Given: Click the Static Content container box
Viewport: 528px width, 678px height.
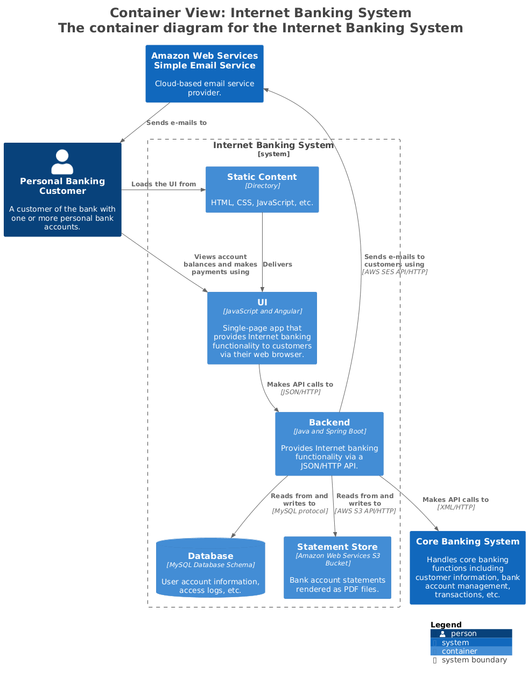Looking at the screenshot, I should click(x=262, y=190).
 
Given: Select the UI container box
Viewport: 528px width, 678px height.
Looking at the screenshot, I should click(x=262, y=328).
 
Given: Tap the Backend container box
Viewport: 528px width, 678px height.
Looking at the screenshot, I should click(x=329, y=444).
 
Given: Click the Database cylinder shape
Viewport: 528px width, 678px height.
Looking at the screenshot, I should click(x=210, y=568).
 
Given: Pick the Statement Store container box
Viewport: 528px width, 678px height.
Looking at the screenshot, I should click(x=337, y=568).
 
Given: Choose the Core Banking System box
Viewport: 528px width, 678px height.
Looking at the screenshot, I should click(x=467, y=568).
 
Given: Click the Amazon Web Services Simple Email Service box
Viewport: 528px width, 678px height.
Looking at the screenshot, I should click(x=205, y=74).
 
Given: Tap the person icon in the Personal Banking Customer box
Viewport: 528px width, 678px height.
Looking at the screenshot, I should click(x=62, y=162).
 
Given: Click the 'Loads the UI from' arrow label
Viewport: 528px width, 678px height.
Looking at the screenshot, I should click(x=164, y=184).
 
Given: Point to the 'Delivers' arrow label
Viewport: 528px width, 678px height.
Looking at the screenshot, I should click(x=277, y=264).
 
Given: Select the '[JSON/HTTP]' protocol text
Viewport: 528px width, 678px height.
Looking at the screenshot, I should click(x=300, y=392).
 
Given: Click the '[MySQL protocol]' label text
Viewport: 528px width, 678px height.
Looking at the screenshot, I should click(x=300, y=511).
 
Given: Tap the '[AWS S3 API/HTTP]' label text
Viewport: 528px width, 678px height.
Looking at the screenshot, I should click(x=365, y=511).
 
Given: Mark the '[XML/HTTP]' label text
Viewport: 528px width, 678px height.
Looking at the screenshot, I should click(x=456, y=507).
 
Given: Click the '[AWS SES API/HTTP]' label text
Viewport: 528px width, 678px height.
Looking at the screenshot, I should click(x=395, y=272).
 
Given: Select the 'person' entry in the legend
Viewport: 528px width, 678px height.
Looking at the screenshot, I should click(x=463, y=634).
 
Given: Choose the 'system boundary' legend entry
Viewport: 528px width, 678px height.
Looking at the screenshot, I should click(x=474, y=660).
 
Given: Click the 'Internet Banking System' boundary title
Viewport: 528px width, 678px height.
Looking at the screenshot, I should click(x=273, y=145).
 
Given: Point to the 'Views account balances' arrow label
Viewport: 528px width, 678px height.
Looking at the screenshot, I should click(x=220, y=264).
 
